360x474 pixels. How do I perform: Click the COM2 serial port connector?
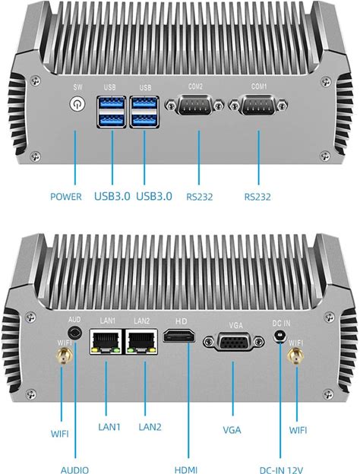pos(194,105)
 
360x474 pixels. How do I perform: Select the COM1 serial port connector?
pos(257,105)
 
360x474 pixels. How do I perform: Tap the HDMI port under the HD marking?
pos(179,336)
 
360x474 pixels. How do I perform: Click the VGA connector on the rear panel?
pos(233,342)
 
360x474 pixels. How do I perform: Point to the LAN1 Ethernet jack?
pos(106,342)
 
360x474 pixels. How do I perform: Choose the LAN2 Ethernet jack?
pos(141,342)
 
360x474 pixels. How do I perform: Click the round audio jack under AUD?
pos(74,333)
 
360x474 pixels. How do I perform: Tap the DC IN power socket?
pos(280,337)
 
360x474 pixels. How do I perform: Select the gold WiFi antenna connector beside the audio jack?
pos(64,356)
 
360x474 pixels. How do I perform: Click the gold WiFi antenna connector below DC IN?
pos(295,356)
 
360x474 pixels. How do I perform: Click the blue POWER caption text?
pos(66,197)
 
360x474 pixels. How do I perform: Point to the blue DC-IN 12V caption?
pos(281,469)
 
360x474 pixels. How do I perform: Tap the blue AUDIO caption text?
pos(74,469)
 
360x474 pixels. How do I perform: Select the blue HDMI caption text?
pos(186,469)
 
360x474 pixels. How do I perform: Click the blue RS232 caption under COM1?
pos(257,197)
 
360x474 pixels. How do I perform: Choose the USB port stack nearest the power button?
pos(112,112)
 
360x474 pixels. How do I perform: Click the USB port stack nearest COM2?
pos(144,112)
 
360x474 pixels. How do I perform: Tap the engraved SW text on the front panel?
pos(77,87)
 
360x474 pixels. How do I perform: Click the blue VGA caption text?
pos(232,430)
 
